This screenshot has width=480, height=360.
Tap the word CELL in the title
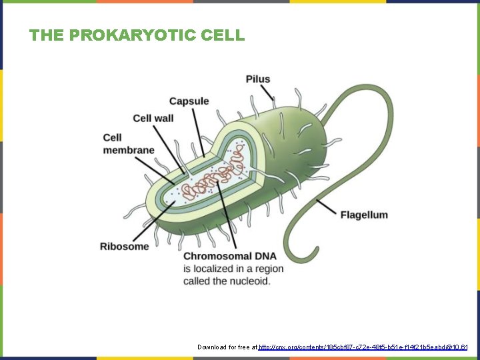tap(223, 35)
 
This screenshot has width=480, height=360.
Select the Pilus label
tap(258, 79)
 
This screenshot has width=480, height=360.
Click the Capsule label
tap(189, 101)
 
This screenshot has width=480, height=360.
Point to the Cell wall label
tap(153, 119)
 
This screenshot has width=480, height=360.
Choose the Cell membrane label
tap(128, 144)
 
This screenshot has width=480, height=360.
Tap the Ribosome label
tap(125, 247)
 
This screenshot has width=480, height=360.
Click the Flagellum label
tap(364, 215)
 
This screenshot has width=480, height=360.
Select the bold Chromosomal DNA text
tap(227, 257)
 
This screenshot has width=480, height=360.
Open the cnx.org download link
tap(363, 347)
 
